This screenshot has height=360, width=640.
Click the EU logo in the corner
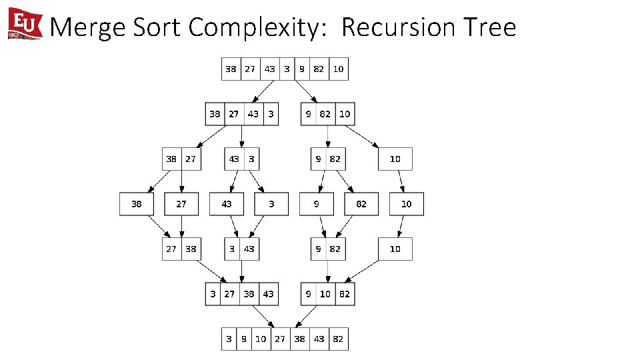pyautogui.click(x=25, y=24)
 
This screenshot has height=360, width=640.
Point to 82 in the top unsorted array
pyautogui.click(x=319, y=69)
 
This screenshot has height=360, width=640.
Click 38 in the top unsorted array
pyautogui.click(x=231, y=69)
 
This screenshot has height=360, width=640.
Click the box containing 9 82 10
pyautogui.click(x=327, y=114)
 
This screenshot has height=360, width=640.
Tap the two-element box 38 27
pyautogui.click(x=181, y=159)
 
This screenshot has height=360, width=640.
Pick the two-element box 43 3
pyautogui.click(x=241, y=159)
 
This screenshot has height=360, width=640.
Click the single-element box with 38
pyautogui.click(x=137, y=204)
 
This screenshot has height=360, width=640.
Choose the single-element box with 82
pyautogui.click(x=361, y=204)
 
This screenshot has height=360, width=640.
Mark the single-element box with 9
pyautogui.click(x=317, y=204)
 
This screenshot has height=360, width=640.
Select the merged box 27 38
pyautogui.click(x=181, y=249)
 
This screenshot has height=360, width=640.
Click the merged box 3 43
pyautogui.click(x=241, y=249)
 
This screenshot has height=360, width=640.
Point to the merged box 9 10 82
pyautogui.click(x=327, y=294)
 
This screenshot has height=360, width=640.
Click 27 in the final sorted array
pyautogui.click(x=280, y=339)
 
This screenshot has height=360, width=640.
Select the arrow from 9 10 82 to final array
pyautogui.click(x=311, y=316)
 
